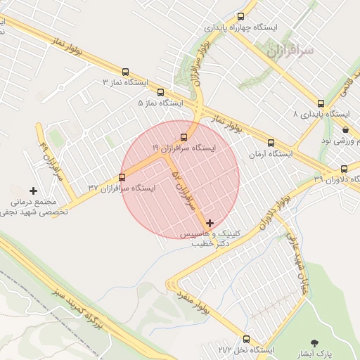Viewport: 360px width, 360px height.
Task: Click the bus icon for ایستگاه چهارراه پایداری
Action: click(x=241, y=16)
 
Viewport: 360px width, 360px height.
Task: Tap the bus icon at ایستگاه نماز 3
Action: click(x=126, y=72)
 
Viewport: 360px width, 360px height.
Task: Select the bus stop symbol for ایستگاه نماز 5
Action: click(x=160, y=92)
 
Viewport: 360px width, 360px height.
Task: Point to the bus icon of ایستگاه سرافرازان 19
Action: click(x=184, y=137)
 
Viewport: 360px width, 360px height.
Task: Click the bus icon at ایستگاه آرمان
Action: click(x=271, y=143)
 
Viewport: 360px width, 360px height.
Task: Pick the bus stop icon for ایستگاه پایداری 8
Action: click(x=321, y=103)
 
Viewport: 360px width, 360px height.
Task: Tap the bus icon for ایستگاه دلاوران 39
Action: click(x=344, y=169)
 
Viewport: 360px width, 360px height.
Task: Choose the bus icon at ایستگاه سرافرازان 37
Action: click(x=122, y=177)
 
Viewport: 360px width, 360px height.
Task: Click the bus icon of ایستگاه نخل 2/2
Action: click(x=246, y=338)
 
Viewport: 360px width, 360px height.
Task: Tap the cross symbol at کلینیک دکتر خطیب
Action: click(x=210, y=223)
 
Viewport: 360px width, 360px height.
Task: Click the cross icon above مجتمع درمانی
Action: click(x=33, y=191)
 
